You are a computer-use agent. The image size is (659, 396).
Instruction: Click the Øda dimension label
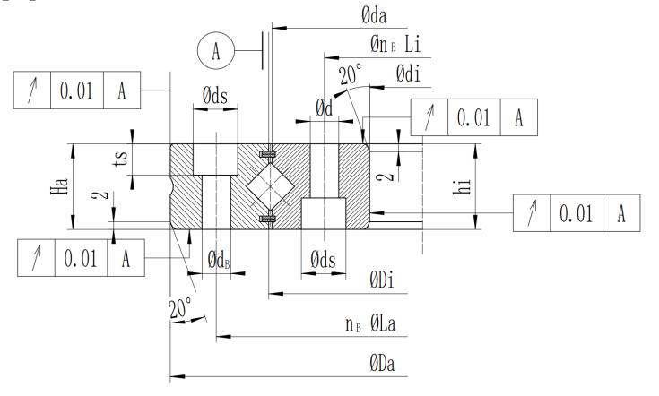(374, 16)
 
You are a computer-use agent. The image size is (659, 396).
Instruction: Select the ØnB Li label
(395, 44)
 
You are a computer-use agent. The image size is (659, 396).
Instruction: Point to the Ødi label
(408, 73)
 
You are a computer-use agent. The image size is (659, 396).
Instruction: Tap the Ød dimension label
(324, 108)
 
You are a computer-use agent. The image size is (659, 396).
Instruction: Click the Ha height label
(59, 186)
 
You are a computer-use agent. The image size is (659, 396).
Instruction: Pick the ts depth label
(121, 159)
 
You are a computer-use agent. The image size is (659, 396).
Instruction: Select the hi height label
(461, 186)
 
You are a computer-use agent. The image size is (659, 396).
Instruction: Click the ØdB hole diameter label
(219, 260)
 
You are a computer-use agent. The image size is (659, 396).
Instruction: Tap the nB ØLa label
(370, 323)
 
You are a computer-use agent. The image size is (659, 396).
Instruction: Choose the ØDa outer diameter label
(383, 363)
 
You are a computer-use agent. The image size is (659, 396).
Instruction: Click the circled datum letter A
(216, 50)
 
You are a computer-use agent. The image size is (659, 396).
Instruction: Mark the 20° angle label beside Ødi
(350, 74)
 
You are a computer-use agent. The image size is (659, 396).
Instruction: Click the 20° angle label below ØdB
(180, 308)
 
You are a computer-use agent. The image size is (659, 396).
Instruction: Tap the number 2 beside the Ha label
(100, 195)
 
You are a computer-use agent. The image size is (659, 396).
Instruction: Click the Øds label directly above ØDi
(323, 260)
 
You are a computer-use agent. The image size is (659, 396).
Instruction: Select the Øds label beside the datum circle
(215, 96)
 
